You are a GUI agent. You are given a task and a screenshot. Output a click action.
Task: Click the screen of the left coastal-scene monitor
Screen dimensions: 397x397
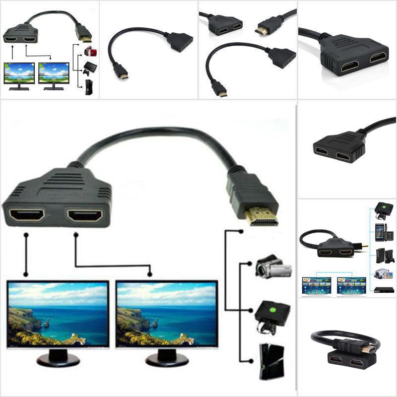click(58, 313)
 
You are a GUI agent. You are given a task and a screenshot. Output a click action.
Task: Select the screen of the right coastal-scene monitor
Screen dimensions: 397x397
click(166, 313)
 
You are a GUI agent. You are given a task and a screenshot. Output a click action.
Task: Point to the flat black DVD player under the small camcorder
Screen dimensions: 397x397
click(381, 290)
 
